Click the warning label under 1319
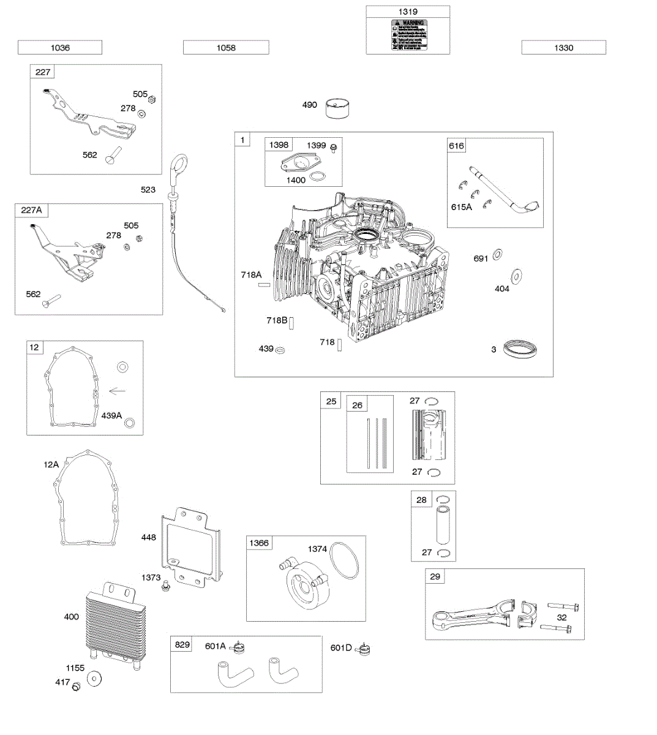point(409,36)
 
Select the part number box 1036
point(60,48)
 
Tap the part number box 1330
point(563,48)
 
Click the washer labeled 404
point(516,276)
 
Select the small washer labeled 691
point(497,254)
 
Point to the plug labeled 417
point(77,687)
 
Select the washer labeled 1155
point(95,678)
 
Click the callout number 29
point(435,576)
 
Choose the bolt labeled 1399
point(333,148)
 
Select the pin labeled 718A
point(265,285)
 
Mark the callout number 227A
point(32,210)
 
